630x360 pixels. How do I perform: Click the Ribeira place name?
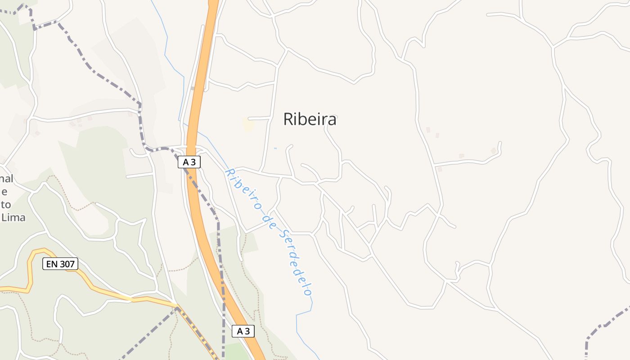[310, 119]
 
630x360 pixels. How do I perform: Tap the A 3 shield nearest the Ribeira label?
[189, 162]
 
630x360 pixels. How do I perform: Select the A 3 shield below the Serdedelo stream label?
[243, 332]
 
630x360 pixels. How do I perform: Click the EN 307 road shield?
[60, 264]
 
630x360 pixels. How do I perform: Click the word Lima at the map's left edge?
[13, 218]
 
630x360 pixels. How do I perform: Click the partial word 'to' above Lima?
[6, 205]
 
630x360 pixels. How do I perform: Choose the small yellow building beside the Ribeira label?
[248, 125]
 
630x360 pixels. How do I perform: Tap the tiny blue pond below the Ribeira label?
[275, 148]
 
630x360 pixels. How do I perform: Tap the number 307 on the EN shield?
[67, 264]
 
